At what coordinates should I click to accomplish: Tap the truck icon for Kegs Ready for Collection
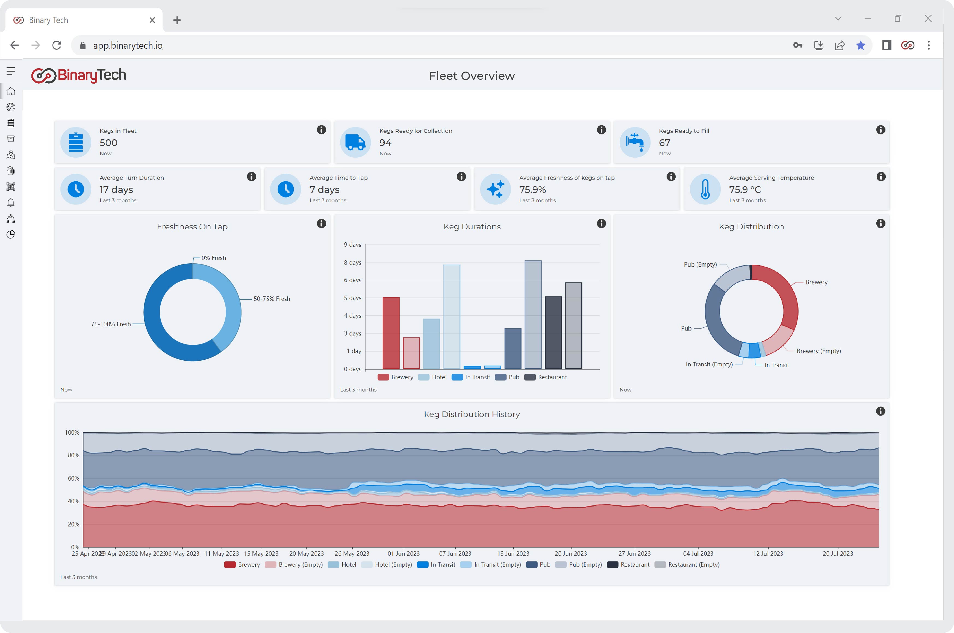click(355, 143)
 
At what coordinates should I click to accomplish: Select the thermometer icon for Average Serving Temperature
click(705, 189)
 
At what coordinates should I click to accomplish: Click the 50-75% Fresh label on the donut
click(272, 299)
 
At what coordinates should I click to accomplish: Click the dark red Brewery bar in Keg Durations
click(391, 333)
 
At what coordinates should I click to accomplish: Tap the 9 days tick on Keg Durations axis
click(352, 245)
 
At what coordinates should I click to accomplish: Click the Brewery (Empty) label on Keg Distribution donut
click(818, 351)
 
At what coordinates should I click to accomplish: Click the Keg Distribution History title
click(472, 414)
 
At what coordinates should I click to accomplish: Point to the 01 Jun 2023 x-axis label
click(403, 553)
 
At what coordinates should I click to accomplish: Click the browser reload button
click(57, 45)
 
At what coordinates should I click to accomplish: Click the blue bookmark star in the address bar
click(860, 45)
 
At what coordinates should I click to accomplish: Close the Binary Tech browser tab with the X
click(152, 20)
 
